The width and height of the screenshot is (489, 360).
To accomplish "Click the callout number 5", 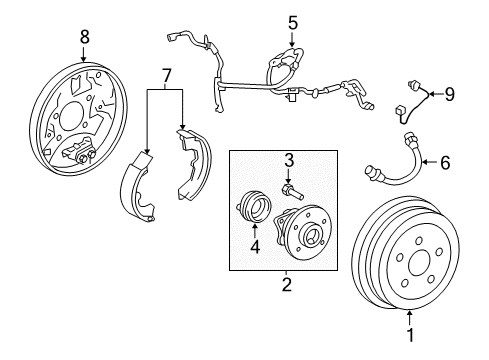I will (292, 21).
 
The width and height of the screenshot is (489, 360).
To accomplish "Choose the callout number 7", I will (167, 75).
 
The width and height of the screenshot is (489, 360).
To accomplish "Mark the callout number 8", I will (84, 36).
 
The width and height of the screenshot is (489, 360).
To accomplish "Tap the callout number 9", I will (449, 94).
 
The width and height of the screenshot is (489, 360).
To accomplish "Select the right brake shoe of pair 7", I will (194, 165).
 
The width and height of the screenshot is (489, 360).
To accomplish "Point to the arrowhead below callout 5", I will (292, 45).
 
